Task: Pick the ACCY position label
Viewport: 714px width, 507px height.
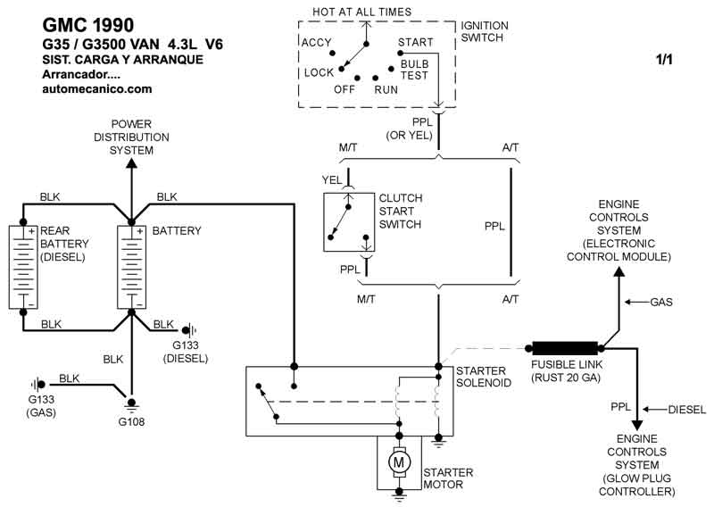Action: click(x=317, y=42)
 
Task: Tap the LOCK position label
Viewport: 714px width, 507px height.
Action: click(x=319, y=72)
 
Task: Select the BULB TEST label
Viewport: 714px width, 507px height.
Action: click(x=415, y=71)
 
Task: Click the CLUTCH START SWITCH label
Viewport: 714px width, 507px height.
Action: click(x=401, y=212)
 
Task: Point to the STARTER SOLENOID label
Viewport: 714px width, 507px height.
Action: click(x=483, y=377)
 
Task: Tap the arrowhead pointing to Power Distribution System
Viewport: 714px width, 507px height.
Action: click(x=131, y=162)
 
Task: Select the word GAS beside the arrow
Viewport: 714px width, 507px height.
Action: click(x=661, y=303)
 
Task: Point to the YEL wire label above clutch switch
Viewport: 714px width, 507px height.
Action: click(x=331, y=179)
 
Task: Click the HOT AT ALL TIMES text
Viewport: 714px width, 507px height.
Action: click(x=361, y=12)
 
